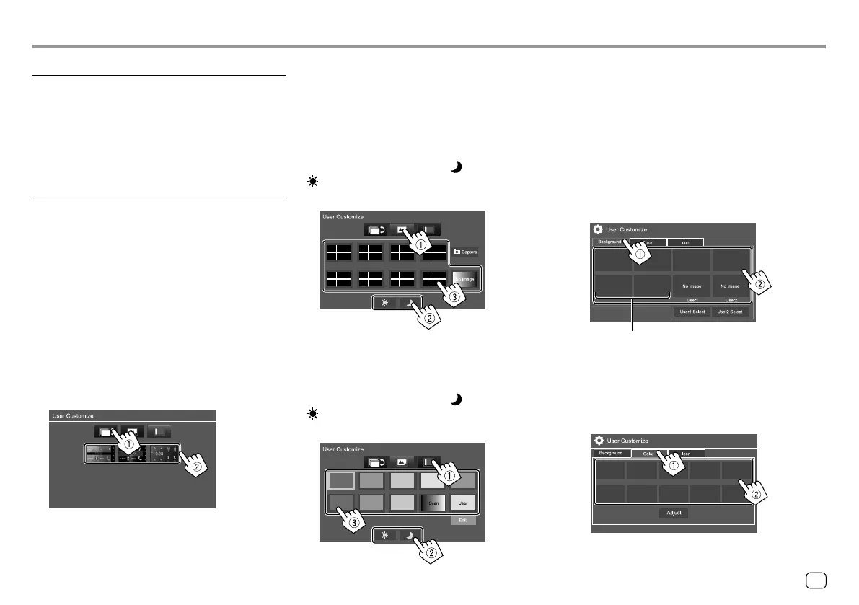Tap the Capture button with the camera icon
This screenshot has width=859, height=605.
[465, 253]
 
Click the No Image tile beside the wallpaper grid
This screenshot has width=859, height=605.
[465, 278]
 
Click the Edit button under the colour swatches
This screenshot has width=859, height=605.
[463, 519]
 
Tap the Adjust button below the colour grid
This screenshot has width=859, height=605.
[673, 513]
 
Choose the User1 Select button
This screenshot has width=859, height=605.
[692, 312]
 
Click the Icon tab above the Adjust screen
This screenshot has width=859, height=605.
[686, 454]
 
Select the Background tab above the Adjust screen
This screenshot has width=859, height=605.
[610, 454]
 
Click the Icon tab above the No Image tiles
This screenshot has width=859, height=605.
[685, 242]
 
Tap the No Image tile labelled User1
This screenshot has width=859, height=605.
[692, 286]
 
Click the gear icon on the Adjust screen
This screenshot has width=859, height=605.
[598, 440]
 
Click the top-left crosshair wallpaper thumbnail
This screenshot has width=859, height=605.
[338, 252]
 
